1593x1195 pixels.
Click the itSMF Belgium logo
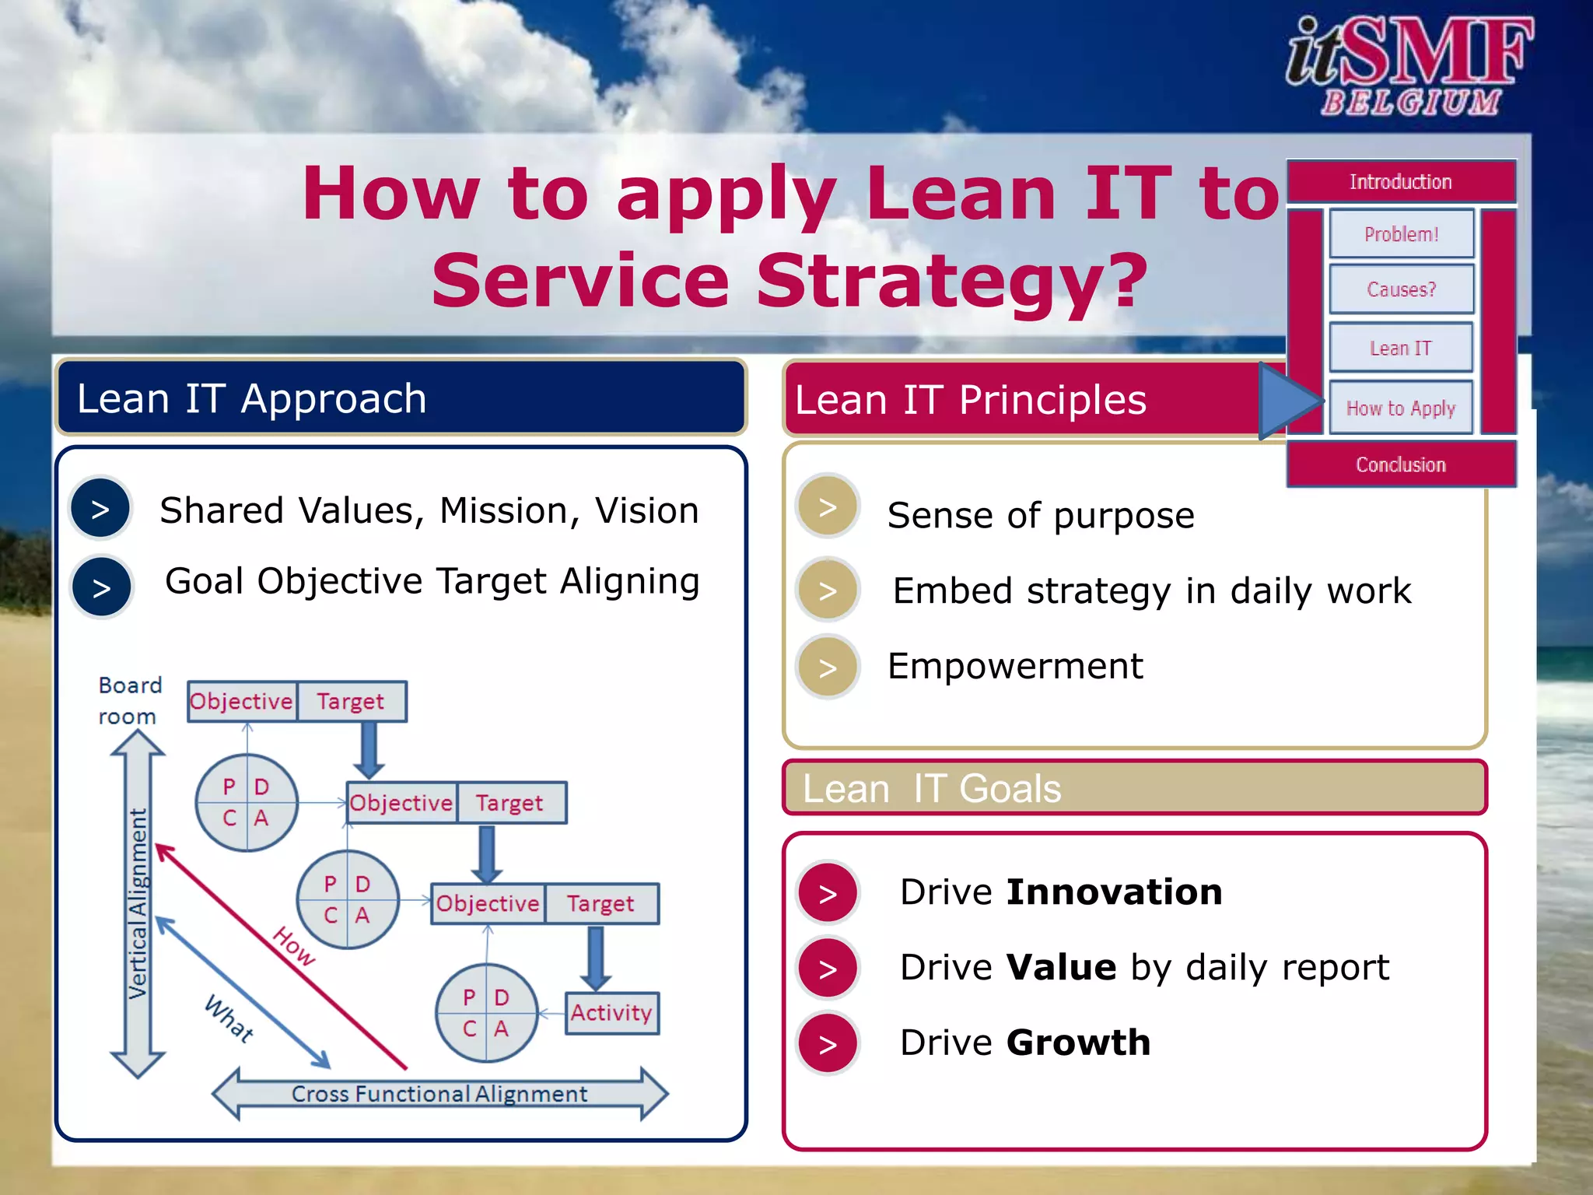(1408, 66)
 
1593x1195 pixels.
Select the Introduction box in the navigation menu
(1400, 182)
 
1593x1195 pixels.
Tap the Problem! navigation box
(1401, 233)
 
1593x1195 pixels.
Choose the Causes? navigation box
(1401, 289)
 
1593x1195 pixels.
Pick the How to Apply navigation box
(1400, 408)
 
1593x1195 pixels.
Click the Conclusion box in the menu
(1400, 464)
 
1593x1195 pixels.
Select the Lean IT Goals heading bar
(1134, 788)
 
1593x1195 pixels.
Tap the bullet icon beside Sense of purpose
(828, 507)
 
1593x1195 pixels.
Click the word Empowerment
(1015, 666)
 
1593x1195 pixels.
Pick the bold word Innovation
(1114, 892)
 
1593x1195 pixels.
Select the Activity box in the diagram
(611, 1012)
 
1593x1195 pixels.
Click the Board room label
(129, 700)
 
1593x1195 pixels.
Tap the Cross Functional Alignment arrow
(439, 1094)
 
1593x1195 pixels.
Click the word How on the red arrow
(294, 946)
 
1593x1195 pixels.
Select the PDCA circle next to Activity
(487, 1013)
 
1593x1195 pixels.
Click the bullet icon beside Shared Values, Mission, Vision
(100, 509)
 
